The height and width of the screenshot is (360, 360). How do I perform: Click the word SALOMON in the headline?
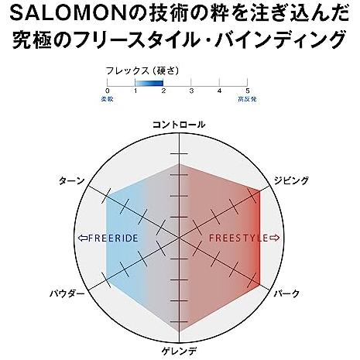pyautogui.click(x=70, y=14)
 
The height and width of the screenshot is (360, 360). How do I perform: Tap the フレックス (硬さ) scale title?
pyautogui.click(x=142, y=70)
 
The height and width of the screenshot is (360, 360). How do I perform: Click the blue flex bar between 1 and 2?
pyautogui.click(x=149, y=83)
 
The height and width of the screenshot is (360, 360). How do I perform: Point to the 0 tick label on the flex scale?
pyautogui.click(x=108, y=91)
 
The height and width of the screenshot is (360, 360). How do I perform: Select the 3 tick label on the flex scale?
pyautogui.click(x=191, y=91)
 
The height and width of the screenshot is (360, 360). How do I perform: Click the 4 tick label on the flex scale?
pyautogui.click(x=219, y=91)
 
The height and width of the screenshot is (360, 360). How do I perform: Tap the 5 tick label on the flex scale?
pyautogui.click(x=247, y=91)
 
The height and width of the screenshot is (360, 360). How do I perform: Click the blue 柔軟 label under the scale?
pyautogui.click(x=107, y=99)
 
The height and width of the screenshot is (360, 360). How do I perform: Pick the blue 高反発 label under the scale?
pyautogui.click(x=247, y=99)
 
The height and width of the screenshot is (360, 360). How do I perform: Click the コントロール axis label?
pyautogui.click(x=179, y=125)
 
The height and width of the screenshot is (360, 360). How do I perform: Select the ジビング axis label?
pyautogui.click(x=291, y=180)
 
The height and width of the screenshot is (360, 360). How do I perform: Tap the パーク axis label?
pyautogui.click(x=286, y=293)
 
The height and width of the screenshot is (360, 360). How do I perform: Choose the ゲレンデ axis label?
pyautogui.click(x=179, y=351)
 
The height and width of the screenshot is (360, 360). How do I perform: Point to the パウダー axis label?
pyautogui.click(x=67, y=293)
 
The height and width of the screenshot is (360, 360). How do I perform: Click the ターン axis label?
pyautogui.click(x=72, y=180)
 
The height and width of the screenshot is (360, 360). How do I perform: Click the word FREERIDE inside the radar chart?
pyautogui.click(x=113, y=238)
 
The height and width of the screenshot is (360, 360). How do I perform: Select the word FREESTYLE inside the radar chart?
pyautogui.click(x=239, y=238)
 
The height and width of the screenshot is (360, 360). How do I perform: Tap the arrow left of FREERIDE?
pyautogui.click(x=83, y=238)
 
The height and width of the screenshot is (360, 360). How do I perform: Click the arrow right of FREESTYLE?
pyautogui.click(x=274, y=238)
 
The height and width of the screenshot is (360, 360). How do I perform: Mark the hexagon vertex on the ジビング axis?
pyautogui.click(x=259, y=191)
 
